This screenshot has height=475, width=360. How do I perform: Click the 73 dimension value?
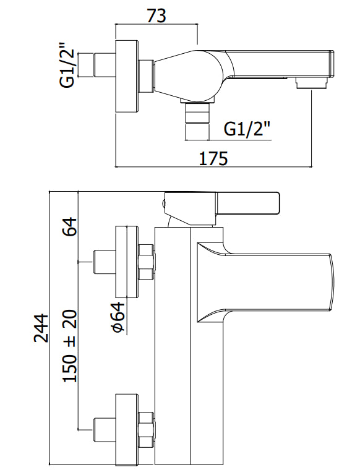(156, 16)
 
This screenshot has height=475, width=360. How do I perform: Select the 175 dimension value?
(213, 158)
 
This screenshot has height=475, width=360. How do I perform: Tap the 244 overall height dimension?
(41, 328)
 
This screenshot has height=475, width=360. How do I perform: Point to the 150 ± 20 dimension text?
(70, 345)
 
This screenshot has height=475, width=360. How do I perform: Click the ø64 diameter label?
(118, 318)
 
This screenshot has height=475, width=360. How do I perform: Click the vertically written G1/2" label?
(67, 65)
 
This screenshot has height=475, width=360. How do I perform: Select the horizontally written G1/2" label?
(247, 129)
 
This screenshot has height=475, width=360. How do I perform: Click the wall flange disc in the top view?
(127, 76)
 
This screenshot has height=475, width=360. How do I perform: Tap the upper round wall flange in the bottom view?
(127, 262)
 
